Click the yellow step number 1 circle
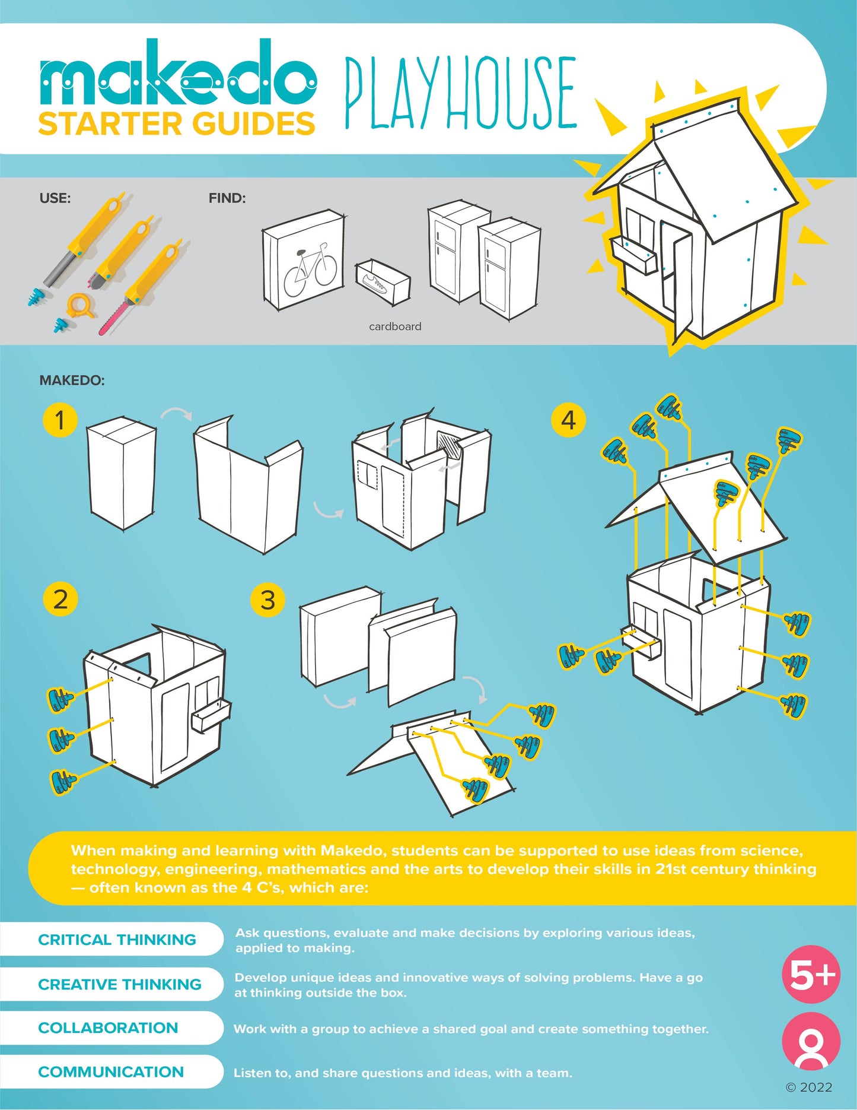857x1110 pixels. [x=60, y=420]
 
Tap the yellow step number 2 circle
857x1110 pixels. [x=60, y=599]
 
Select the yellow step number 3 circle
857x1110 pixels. [x=267, y=600]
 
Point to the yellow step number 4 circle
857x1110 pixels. [x=568, y=420]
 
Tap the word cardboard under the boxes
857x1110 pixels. [x=395, y=326]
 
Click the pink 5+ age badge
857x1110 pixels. [x=811, y=974]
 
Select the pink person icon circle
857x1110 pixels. [x=811, y=1041]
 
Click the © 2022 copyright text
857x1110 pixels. [x=808, y=1087]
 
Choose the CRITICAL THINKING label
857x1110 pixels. [x=117, y=940]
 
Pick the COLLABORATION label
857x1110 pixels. [x=108, y=1028]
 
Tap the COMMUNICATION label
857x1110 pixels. [x=111, y=1072]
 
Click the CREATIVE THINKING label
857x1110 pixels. [x=120, y=984]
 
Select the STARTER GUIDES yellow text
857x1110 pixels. [x=176, y=124]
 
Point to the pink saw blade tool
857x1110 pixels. [x=113, y=318]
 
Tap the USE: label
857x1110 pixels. [x=55, y=198]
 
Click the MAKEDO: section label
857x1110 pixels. [x=72, y=380]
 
